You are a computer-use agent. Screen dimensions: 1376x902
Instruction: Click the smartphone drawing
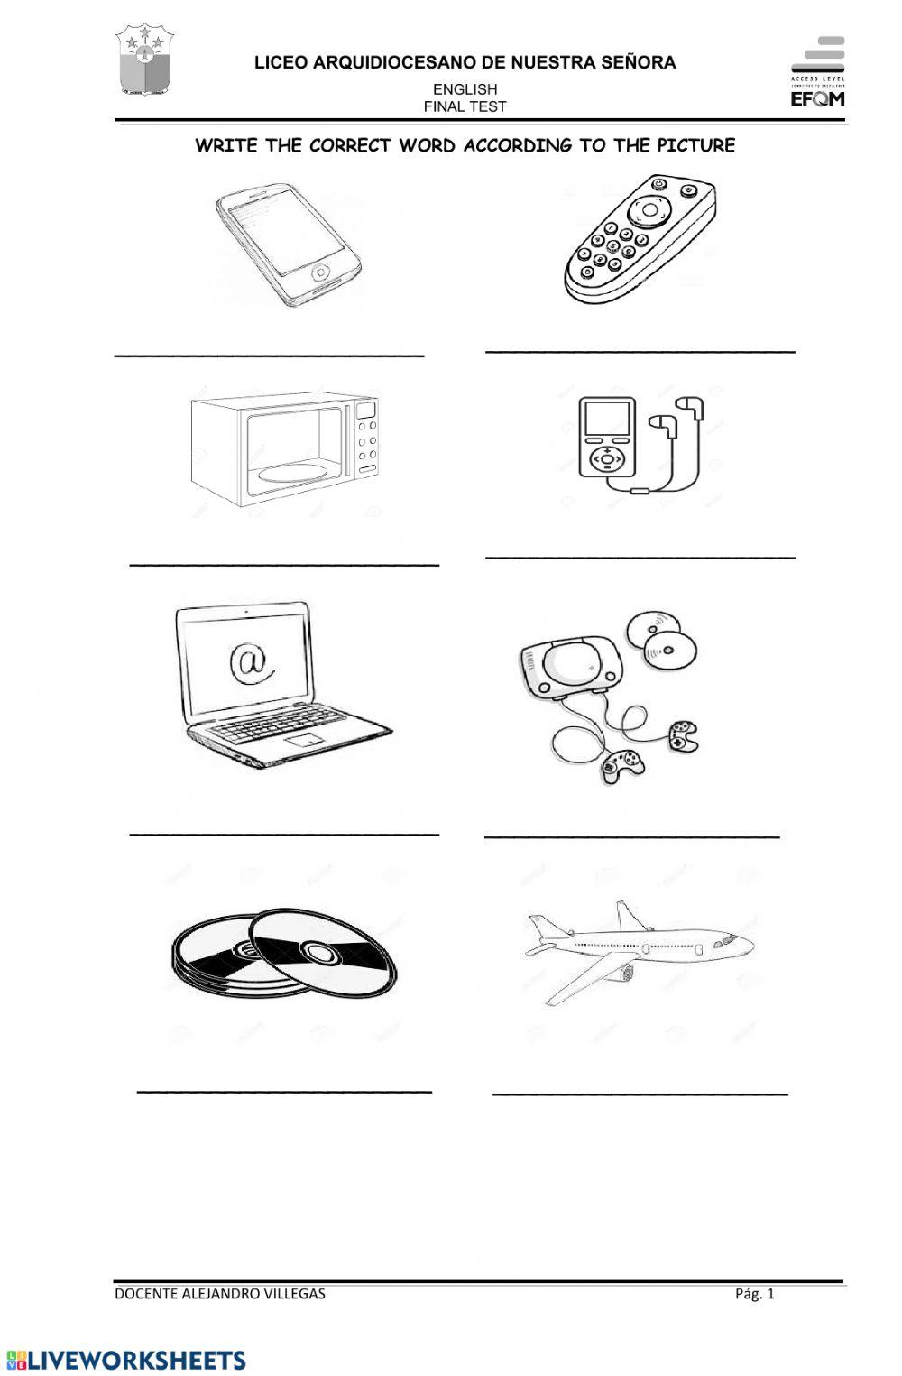[287, 244]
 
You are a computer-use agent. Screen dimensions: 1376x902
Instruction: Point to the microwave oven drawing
[284, 448]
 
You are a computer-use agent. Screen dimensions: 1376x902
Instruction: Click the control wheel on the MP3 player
[607, 458]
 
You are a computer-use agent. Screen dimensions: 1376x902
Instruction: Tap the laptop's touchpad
[303, 740]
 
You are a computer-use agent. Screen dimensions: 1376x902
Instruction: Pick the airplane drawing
[639, 949]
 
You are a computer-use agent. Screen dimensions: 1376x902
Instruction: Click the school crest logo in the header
[144, 60]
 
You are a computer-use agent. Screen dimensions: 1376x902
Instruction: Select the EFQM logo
[817, 72]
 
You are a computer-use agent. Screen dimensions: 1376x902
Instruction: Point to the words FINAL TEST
[465, 106]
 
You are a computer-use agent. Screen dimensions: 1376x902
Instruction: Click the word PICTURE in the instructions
[695, 145]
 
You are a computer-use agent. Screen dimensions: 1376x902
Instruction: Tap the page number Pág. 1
[754, 1293]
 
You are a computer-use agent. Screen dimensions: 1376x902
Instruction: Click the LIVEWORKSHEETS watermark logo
[126, 1360]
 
